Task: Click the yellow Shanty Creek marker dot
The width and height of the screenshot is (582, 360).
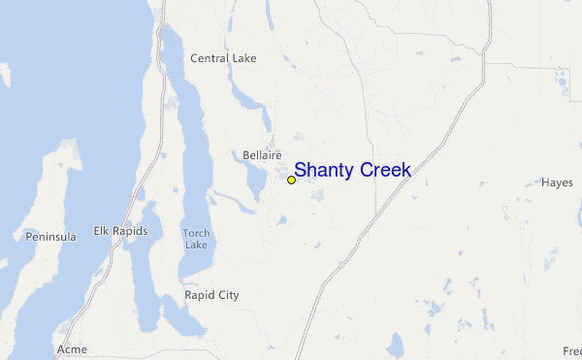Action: (291, 180)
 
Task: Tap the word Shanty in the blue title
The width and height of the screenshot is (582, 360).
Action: (324, 171)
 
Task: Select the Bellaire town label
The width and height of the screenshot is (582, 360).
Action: (262, 154)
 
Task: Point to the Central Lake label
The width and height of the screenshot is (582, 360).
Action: (223, 58)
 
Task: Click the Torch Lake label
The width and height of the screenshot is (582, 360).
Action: (196, 239)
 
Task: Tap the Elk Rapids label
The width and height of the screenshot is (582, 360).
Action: (120, 231)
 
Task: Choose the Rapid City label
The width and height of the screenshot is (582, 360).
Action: (211, 294)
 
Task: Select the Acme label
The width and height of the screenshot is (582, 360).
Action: (72, 349)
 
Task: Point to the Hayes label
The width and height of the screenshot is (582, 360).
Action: (557, 182)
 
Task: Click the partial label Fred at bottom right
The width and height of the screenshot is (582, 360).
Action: (572, 350)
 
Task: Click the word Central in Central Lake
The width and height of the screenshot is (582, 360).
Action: (210, 58)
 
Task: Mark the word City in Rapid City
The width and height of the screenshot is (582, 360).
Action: (228, 294)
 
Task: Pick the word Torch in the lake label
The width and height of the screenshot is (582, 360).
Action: (196, 233)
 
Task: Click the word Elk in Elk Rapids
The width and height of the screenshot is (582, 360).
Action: (101, 231)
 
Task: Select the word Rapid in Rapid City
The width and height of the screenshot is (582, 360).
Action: (200, 294)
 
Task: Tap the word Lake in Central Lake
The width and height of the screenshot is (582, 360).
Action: (244, 58)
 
